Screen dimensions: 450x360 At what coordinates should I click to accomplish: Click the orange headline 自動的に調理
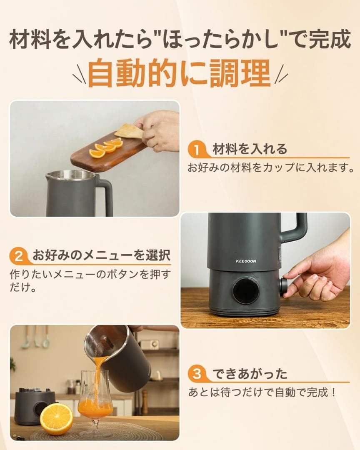180,73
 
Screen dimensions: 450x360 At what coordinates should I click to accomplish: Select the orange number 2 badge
19,255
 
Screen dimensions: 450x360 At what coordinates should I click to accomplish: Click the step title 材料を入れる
250,149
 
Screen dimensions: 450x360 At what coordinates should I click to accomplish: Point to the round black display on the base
245,290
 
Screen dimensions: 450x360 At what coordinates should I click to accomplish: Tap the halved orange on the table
56,419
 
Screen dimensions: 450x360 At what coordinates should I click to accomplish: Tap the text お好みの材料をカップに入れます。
270,168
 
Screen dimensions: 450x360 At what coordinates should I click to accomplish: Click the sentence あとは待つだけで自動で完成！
262,392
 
